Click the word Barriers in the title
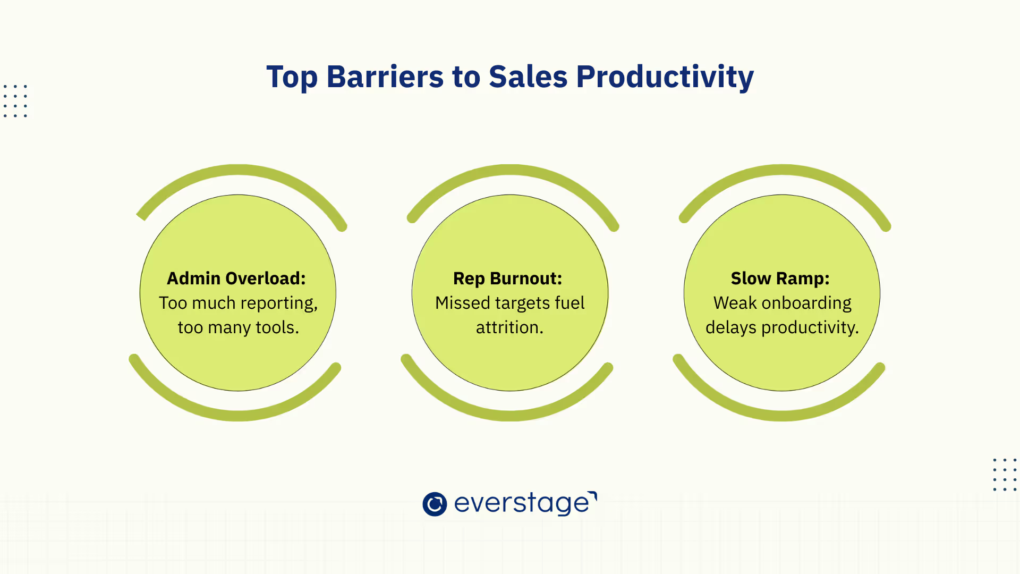385,77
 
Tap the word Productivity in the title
665,78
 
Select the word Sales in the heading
528,77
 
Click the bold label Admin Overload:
236,278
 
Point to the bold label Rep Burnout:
508,278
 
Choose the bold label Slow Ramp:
780,278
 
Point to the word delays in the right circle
731,328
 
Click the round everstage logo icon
435,504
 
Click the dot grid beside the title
15,101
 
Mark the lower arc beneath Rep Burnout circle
509,416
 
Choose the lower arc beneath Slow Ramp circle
781,416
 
